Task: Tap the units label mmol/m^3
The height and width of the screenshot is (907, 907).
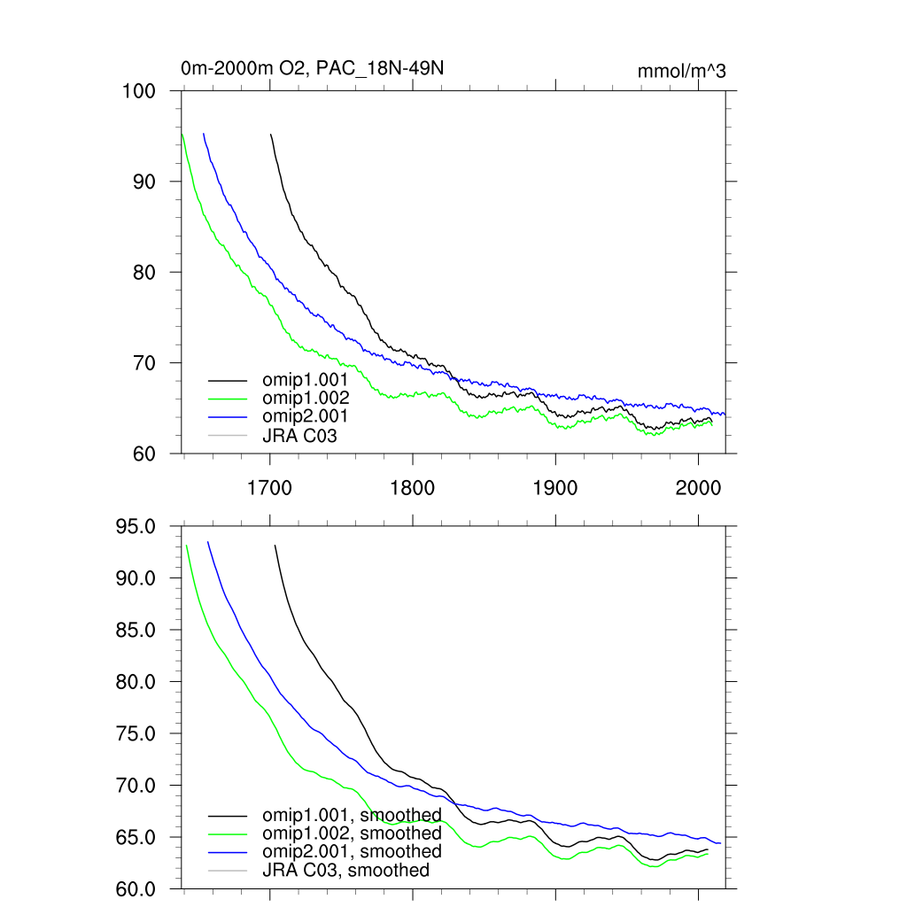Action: [x=681, y=72]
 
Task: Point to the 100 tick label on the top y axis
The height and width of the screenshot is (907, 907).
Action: [x=138, y=91]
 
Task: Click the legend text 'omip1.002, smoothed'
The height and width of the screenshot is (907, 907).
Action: [x=352, y=833]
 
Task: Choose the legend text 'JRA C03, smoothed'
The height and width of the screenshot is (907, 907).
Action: [x=345, y=871]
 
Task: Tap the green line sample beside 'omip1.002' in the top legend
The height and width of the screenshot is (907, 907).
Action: [x=226, y=399]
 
